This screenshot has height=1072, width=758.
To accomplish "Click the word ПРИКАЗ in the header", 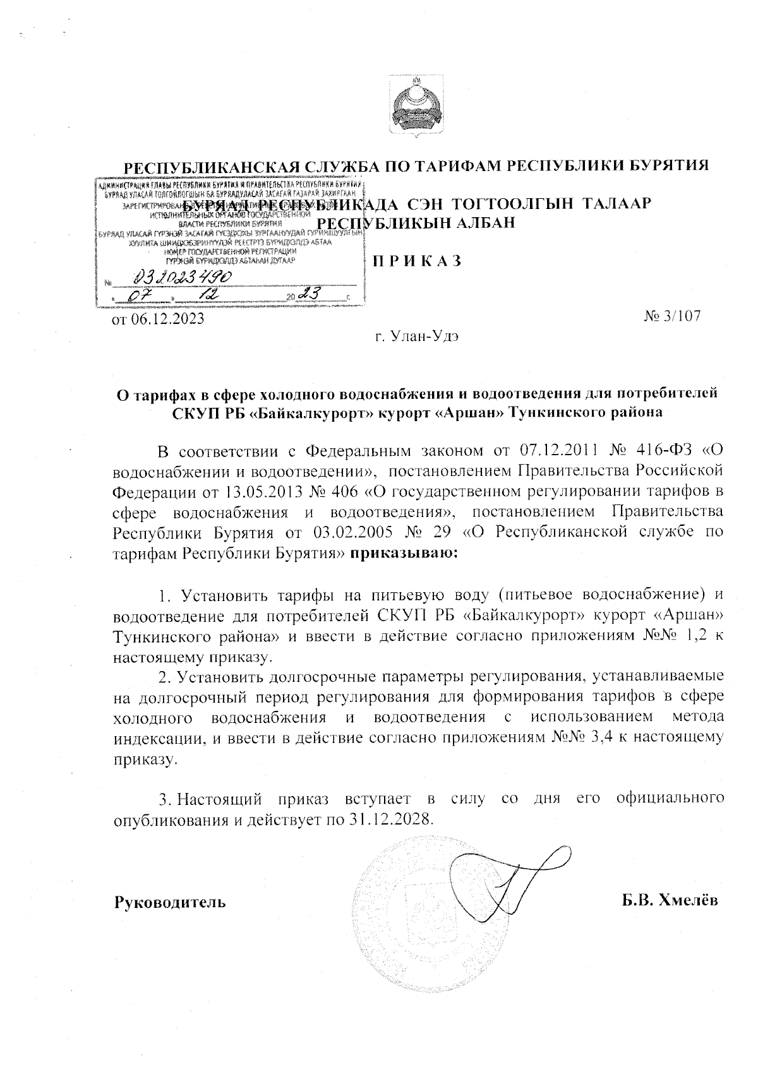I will point(417,260).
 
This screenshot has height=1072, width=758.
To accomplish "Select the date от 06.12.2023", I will point(158,319).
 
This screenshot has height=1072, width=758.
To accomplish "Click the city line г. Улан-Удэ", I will point(417,336).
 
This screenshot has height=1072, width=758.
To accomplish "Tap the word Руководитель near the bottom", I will point(169,901).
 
